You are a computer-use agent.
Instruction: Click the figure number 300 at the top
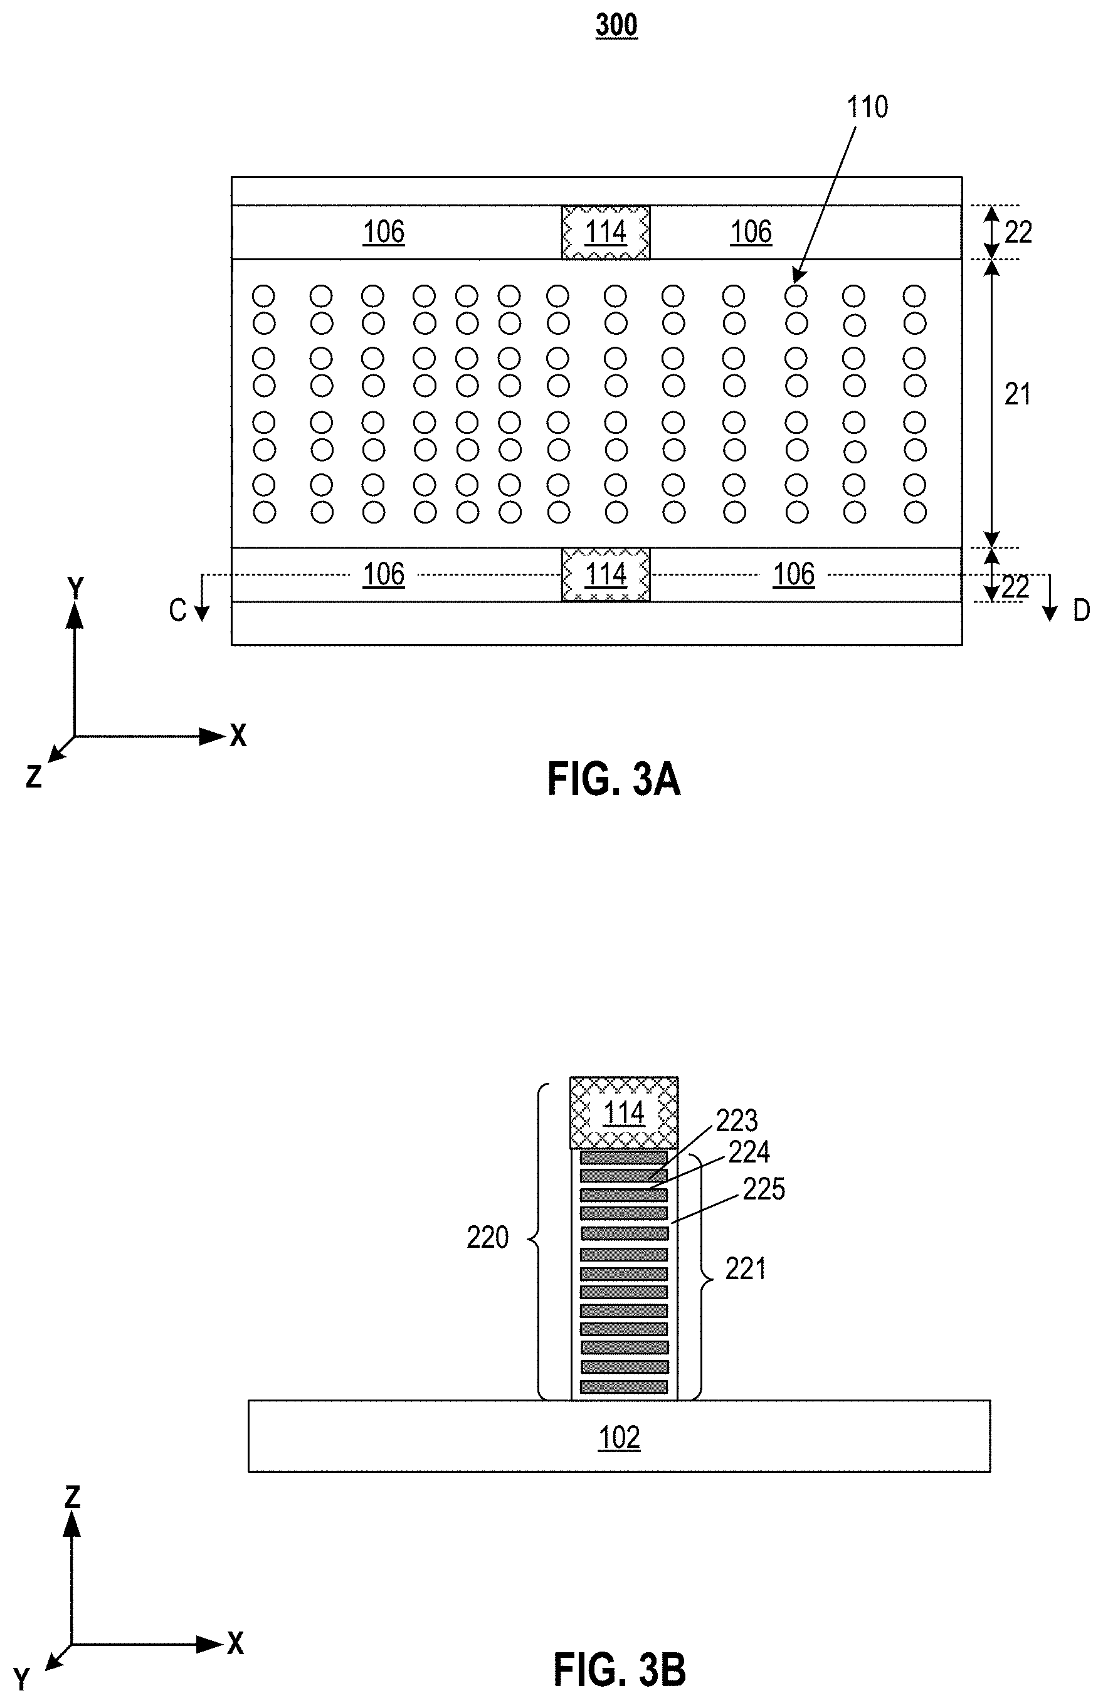[x=616, y=25]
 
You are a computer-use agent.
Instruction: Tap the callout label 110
[x=867, y=107]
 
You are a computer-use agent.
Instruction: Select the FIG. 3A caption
[x=613, y=779]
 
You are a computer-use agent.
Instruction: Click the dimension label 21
[x=1017, y=394]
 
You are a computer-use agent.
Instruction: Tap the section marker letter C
[x=177, y=610]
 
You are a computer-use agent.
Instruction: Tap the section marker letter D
[x=1081, y=610]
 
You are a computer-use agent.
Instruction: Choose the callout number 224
[x=749, y=1152]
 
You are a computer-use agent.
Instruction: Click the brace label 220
[x=487, y=1237]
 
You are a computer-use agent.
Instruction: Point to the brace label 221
[x=746, y=1268]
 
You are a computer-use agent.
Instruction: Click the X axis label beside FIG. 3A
[x=238, y=736]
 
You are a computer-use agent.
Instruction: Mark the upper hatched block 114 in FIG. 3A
[x=606, y=232]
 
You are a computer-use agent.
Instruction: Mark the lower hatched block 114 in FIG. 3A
[x=606, y=574]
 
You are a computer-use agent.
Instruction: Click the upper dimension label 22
[x=1018, y=233]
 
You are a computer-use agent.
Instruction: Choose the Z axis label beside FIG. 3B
[x=72, y=1496]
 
